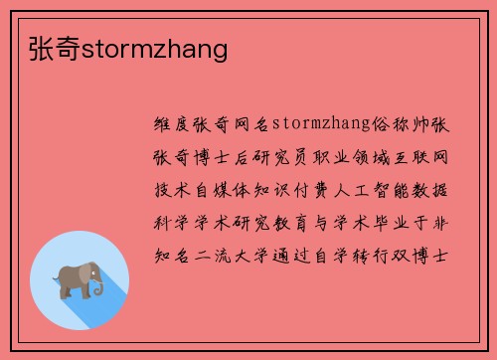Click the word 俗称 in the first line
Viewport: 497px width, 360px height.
pyautogui.click(x=393, y=127)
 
